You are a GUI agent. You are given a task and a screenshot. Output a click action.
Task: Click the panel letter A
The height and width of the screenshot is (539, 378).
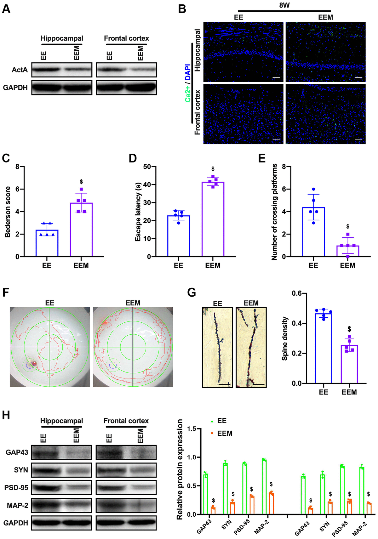pos(6,9)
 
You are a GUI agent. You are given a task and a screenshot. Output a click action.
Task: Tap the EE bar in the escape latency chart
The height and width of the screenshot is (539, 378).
pos(179,236)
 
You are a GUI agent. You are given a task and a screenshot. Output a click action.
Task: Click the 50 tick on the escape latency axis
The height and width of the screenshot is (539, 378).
pos(147,167)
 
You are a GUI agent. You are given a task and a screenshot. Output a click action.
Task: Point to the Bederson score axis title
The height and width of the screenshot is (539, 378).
pos(8,212)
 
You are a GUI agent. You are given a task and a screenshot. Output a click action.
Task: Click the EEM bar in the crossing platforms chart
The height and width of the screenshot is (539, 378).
pos(348,251)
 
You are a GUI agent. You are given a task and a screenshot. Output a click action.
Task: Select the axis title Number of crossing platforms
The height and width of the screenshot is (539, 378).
pos(274,212)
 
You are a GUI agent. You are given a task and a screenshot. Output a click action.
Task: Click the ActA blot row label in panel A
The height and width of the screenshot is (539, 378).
pos(20,70)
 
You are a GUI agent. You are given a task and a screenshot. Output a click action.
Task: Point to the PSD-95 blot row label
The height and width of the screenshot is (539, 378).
pos(16,488)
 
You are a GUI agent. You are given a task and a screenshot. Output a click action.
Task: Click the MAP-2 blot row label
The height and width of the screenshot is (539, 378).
pos(18,505)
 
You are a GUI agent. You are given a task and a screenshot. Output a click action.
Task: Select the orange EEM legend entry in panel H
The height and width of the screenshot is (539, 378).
pos(222,434)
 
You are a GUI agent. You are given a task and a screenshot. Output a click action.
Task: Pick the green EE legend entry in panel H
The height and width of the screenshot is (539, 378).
pos(219,421)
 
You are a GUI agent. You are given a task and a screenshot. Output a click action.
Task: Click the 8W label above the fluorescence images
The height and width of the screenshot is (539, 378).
pos(284,5)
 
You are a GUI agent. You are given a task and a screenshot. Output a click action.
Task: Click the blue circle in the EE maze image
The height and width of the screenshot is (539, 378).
pos(29,365)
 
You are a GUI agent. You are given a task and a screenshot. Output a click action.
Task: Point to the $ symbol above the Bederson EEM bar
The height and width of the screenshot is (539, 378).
pos(81,182)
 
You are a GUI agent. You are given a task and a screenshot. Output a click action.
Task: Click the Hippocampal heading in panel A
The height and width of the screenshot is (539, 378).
pos(62,38)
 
